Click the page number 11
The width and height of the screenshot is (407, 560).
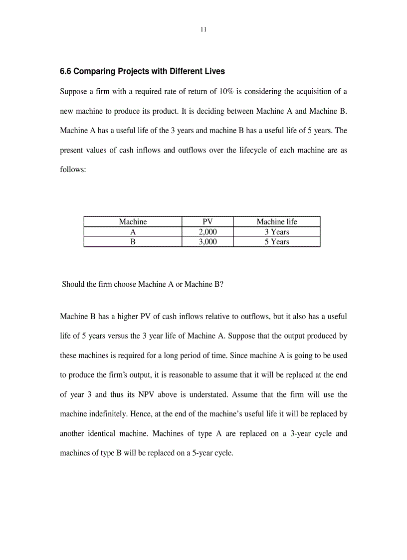[x=203, y=29]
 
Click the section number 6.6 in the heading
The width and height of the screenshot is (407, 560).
[x=66, y=71]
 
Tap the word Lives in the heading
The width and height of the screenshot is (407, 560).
[x=214, y=71]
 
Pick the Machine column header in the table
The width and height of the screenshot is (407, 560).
[x=133, y=222]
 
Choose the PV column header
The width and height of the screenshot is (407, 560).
[x=207, y=222]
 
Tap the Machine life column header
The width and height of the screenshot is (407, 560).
[x=277, y=222]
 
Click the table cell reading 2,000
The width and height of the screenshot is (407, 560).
[x=207, y=232]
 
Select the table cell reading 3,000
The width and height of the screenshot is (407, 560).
[x=207, y=242]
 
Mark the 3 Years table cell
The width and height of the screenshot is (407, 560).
[x=277, y=232]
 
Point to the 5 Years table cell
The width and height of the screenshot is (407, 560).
[x=277, y=242]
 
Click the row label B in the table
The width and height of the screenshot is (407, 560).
[x=133, y=242]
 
